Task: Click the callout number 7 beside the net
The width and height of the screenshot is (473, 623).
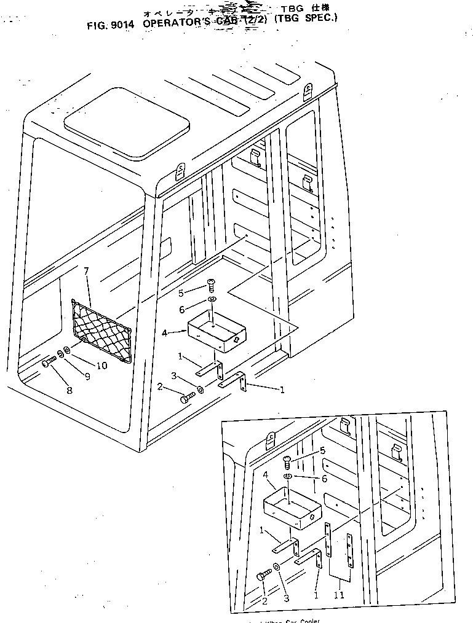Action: [x=87, y=271]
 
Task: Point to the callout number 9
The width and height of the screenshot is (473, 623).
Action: [x=87, y=377]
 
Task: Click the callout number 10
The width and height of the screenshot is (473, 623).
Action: [x=102, y=366]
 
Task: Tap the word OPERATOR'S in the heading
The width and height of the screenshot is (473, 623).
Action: [x=177, y=25]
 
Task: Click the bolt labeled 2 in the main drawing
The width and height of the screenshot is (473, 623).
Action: [x=187, y=398]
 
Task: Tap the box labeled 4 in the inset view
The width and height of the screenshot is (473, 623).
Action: [x=293, y=507]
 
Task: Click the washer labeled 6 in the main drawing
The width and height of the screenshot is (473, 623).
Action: [x=212, y=299]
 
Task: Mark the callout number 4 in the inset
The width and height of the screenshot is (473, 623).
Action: [x=266, y=474]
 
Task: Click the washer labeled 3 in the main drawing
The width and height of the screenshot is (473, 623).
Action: [x=202, y=389]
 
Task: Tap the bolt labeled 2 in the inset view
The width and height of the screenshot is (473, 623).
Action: [x=263, y=575]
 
